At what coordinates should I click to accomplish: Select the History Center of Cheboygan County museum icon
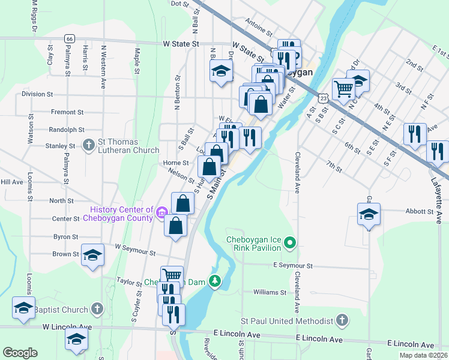pyautogui.click(x=161, y=212)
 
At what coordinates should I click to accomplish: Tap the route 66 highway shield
pyautogui.click(x=70, y=38)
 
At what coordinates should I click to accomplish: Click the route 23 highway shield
pyautogui.click(x=324, y=97)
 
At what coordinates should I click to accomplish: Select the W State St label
pyautogui.click(x=181, y=44)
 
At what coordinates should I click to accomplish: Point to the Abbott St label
pyautogui.click(x=420, y=211)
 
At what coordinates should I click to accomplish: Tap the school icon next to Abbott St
pyautogui.click(x=369, y=214)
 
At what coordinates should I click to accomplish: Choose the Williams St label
pyautogui.click(x=270, y=292)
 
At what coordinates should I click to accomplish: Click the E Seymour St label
pyautogui.click(x=293, y=265)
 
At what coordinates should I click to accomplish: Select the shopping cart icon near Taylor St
pyautogui.click(x=172, y=275)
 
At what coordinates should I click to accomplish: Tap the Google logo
pyautogui.click(x=20, y=353)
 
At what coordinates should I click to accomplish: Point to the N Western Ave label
pyautogui.click(x=103, y=59)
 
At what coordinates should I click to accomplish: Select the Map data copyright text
pyautogui.click(x=423, y=355)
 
